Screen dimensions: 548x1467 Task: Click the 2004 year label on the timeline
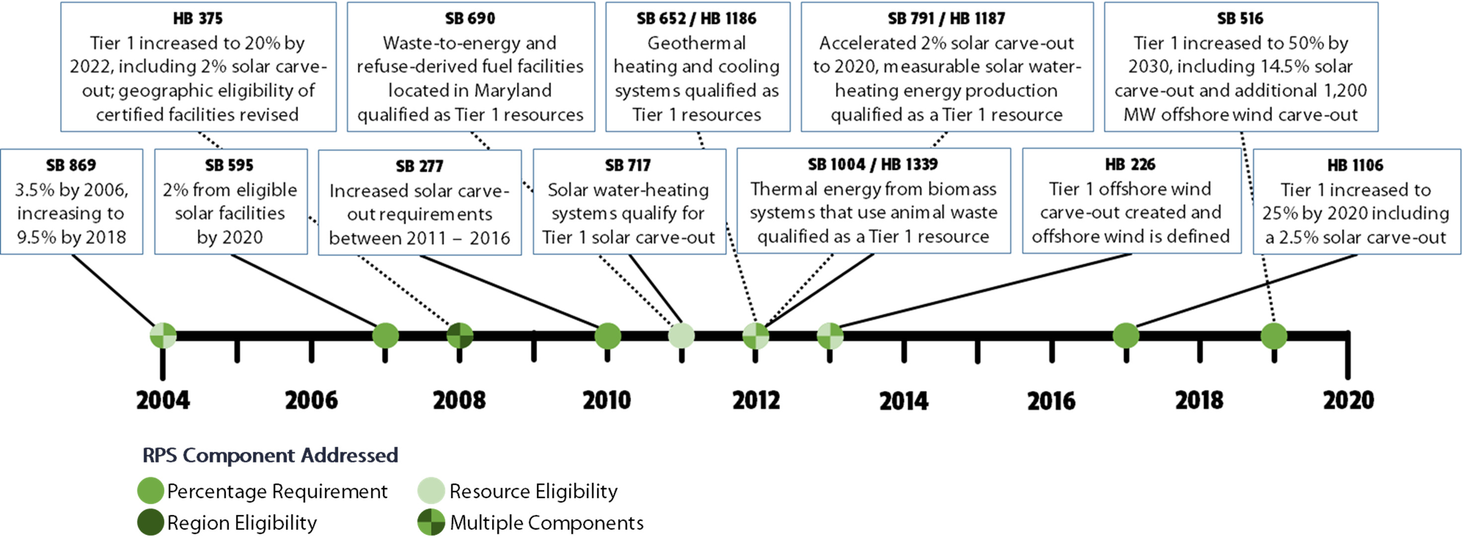[163, 401]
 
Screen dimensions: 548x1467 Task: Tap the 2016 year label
[1051, 401]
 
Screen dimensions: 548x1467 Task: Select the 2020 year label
[1348, 401]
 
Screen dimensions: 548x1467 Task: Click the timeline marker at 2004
[163, 336]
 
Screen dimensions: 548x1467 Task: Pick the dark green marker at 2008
[460, 336]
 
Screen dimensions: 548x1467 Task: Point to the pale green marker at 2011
[681, 336]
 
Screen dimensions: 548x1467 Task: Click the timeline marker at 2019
[1274, 336]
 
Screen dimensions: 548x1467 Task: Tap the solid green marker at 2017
[1126, 336]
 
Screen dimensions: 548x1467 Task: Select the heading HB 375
[198, 19]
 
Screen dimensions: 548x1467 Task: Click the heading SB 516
[1240, 19]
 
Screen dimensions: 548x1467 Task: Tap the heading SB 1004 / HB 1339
[873, 164]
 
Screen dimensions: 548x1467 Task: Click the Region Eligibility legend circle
[151, 522]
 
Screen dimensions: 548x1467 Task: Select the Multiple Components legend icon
[431, 522]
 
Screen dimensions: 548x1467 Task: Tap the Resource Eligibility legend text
[533, 491]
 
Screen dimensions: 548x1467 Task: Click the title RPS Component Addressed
[270, 455]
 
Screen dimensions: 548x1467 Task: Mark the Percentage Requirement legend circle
[151, 490]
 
